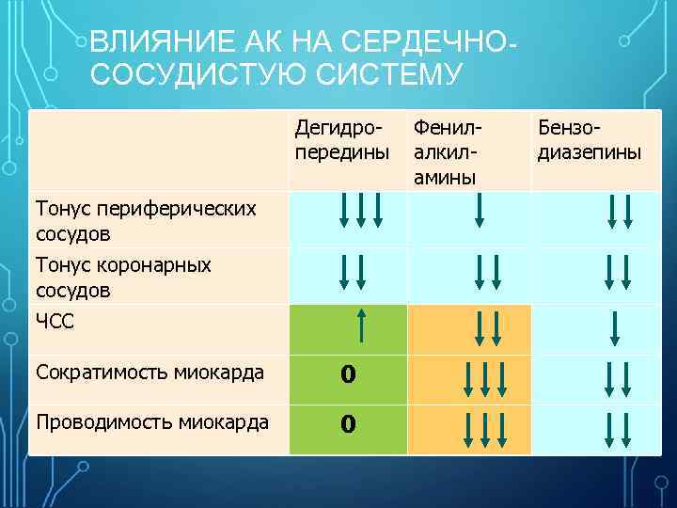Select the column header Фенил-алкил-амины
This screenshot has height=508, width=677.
click(x=447, y=151)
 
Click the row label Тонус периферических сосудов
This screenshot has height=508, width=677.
click(x=146, y=219)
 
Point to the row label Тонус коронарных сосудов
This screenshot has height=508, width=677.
click(x=123, y=278)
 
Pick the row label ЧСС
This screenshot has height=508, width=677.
click(x=54, y=322)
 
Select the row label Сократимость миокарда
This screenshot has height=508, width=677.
click(x=150, y=372)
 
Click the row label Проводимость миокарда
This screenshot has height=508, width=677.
click(x=152, y=422)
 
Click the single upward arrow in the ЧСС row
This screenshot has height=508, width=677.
click(x=361, y=326)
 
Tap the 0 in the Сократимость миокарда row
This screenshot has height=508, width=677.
click(x=348, y=374)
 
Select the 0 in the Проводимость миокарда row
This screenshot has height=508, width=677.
click(x=348, y=425)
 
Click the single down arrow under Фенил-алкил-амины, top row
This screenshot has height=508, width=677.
click(x=480, y=210)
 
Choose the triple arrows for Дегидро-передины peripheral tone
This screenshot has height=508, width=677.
click(x=361, y=210)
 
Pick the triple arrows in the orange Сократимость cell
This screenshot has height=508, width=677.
click(x=485, y=379)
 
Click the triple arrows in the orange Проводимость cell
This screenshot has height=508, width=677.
click(x=485, y=428)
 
